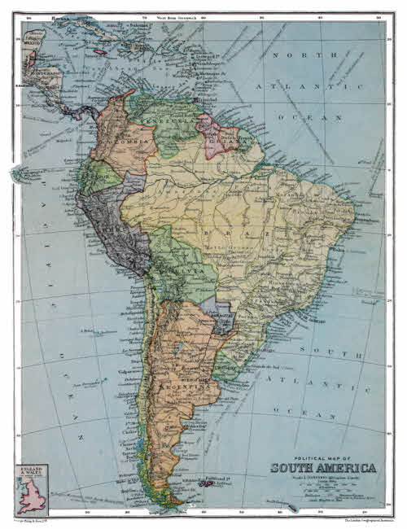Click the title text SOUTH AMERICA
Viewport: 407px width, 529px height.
[323, 468]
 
